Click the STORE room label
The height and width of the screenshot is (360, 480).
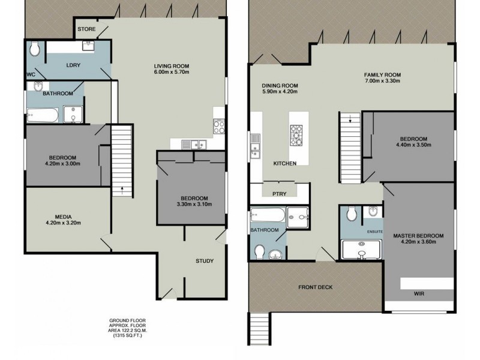(x=86, y=28)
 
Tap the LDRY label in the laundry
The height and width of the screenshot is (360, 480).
(x=74, y=64)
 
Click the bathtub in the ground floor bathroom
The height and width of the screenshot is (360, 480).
(x=42, y=113)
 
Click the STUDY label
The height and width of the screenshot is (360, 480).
(x=205, y=261)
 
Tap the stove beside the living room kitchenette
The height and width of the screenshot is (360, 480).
(x=219, y=127)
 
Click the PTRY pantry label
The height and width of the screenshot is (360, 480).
(x=280, y=193)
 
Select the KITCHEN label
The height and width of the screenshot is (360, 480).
(x=285, y=163)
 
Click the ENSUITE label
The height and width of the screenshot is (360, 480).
(x=375, y=230)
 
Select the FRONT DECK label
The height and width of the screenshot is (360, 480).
(x=316, y=287)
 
